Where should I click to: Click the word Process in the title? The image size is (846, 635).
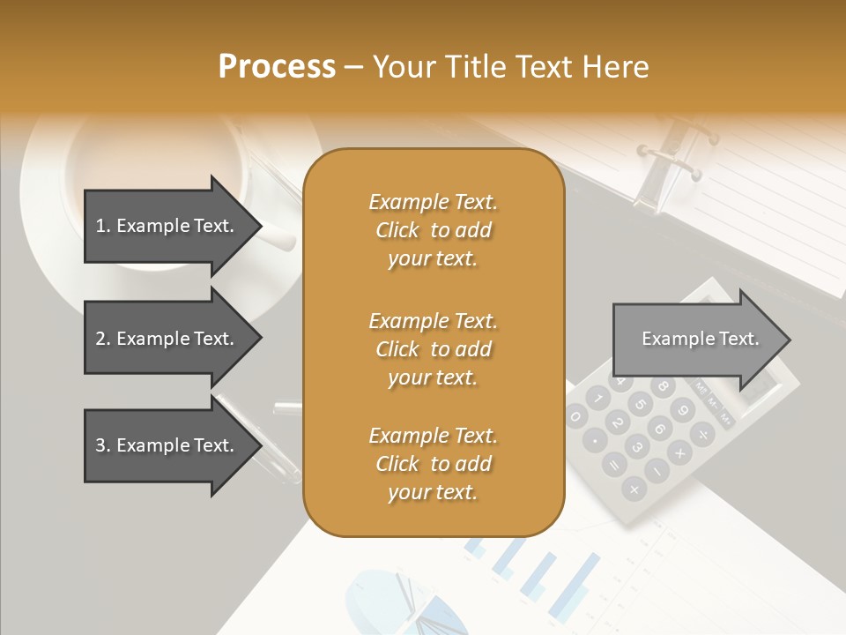coord(277,67)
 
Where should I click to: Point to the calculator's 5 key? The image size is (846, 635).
coord(641,405)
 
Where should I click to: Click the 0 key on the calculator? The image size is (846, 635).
coord(575,416)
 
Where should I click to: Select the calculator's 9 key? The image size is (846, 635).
coord(681,409)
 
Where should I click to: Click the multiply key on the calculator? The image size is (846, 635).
coord(680,453)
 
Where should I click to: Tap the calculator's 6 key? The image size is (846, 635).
coord(660,428)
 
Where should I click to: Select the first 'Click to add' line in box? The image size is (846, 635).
coord(433,230)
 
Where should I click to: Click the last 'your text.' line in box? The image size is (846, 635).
coord(433,492)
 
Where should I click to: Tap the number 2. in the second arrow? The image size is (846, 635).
coord(103,339)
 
